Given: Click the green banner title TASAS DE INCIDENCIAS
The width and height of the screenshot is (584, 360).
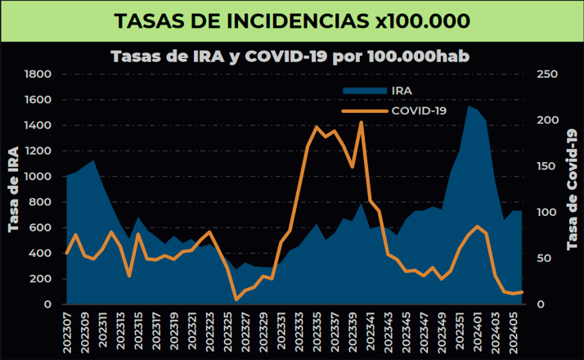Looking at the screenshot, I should [292, 20].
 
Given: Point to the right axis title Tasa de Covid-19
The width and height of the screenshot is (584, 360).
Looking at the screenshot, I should [572, 190].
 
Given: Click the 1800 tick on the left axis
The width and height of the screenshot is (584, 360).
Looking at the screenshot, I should [38, 74].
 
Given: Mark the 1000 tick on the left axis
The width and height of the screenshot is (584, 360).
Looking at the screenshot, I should [38, 177].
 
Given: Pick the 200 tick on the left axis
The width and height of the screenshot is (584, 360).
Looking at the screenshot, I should [42, 279].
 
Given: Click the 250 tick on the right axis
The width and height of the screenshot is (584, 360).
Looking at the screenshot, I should [545, 74].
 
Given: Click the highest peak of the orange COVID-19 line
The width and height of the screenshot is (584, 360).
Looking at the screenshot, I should [361, 123].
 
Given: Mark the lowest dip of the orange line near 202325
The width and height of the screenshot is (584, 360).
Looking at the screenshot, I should [236, 299].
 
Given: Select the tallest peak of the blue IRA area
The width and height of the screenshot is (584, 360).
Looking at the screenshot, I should [469, 106].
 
